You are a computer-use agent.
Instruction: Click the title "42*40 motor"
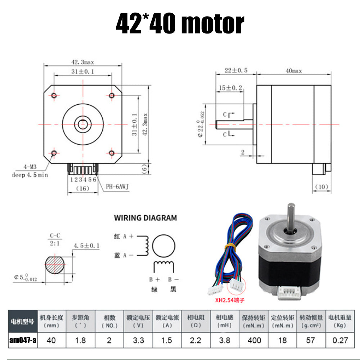pyautogui.click(x=180, y=24)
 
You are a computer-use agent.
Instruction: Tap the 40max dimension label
pyautogui.click(x=293, y=71)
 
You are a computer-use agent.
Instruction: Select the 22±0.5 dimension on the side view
pyautogui.click(x=235, y=71)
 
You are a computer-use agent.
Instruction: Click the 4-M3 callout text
pyautogui.click(x=30, y=167)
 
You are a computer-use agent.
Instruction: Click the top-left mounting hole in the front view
pyautogui.click(x=54, y=95)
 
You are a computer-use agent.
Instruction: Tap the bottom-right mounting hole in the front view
pyautogui.click(x=112, y=154)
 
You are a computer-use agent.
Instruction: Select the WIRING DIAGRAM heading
pyautogui.click(x=145, y=218)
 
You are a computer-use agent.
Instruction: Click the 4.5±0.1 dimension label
pyautogui.click(x=87, y=246)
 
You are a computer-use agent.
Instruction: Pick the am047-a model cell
pyautogui.click(x=22, y=340)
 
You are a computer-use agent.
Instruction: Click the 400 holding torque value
pyautogui.click(x=254, y=340)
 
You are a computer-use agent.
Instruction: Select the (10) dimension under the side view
pyautogui.click(x=321, y=187)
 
